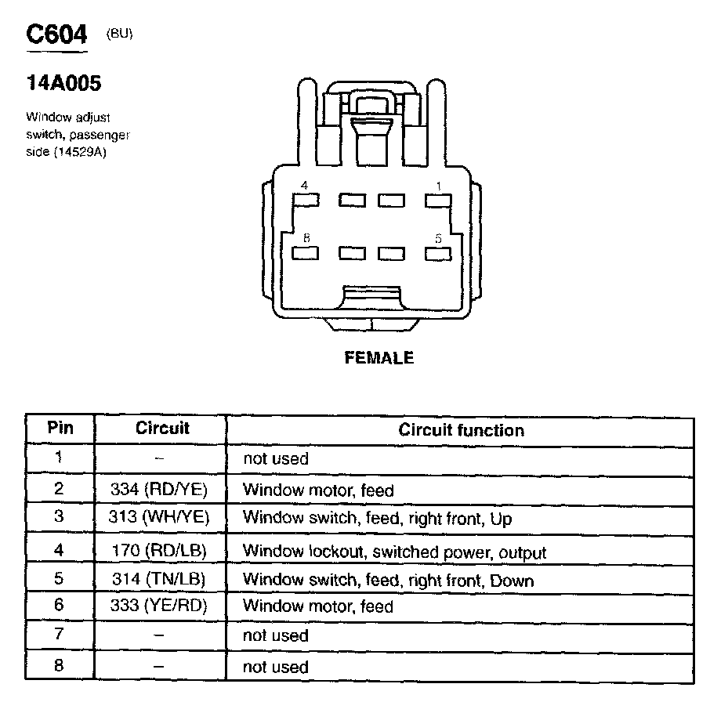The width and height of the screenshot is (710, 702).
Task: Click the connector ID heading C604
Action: point(56,35)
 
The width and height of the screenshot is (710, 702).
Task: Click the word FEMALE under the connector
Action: point(379,358)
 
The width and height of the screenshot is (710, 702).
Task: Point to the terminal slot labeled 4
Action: point(306,200)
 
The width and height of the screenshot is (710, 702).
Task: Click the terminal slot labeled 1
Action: point(438,200)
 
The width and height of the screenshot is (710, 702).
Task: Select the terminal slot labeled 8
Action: point(306,253)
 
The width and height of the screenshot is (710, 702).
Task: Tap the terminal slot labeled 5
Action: point(438,253)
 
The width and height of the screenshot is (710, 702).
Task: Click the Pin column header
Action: point(60,429)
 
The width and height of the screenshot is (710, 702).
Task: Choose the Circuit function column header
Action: point(461,429)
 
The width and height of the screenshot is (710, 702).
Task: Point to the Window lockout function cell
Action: point(394,552)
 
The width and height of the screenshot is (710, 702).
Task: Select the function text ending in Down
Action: point(388,581)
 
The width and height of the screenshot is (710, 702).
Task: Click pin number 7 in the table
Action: point(60,635)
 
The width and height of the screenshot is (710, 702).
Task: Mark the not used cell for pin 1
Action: point(276,458)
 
